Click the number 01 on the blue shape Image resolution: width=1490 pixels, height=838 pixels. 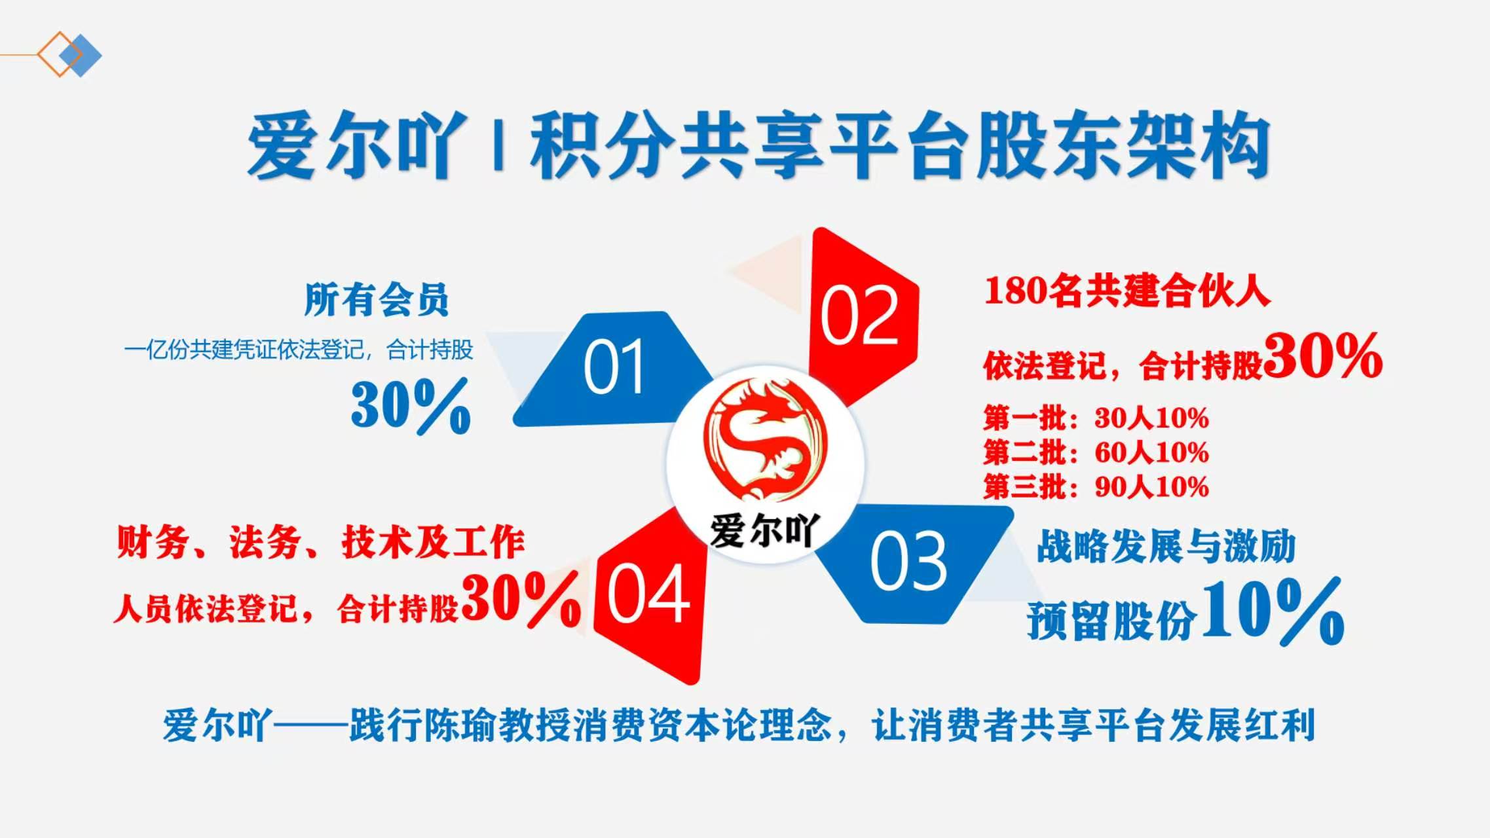coord(613,367)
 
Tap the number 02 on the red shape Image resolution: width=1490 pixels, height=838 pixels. coord(859,316)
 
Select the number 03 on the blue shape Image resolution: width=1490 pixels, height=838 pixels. coord(908,560)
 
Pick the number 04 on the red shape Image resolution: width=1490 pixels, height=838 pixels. coord(648,594)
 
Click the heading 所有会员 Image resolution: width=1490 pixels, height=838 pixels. coord(377,300)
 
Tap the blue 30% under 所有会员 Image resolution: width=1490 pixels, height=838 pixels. coord(411,406)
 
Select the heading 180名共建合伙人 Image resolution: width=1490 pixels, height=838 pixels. coord(1127,291)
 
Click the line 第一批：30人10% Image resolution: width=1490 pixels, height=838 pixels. coord(1096,418)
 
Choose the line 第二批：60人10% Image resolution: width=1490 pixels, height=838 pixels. coord(1096,452)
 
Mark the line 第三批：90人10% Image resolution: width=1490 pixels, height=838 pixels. coord(1096,486)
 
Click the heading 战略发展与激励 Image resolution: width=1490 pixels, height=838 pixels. coord(1166,546)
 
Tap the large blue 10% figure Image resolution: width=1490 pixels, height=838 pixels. coord(1273,611)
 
